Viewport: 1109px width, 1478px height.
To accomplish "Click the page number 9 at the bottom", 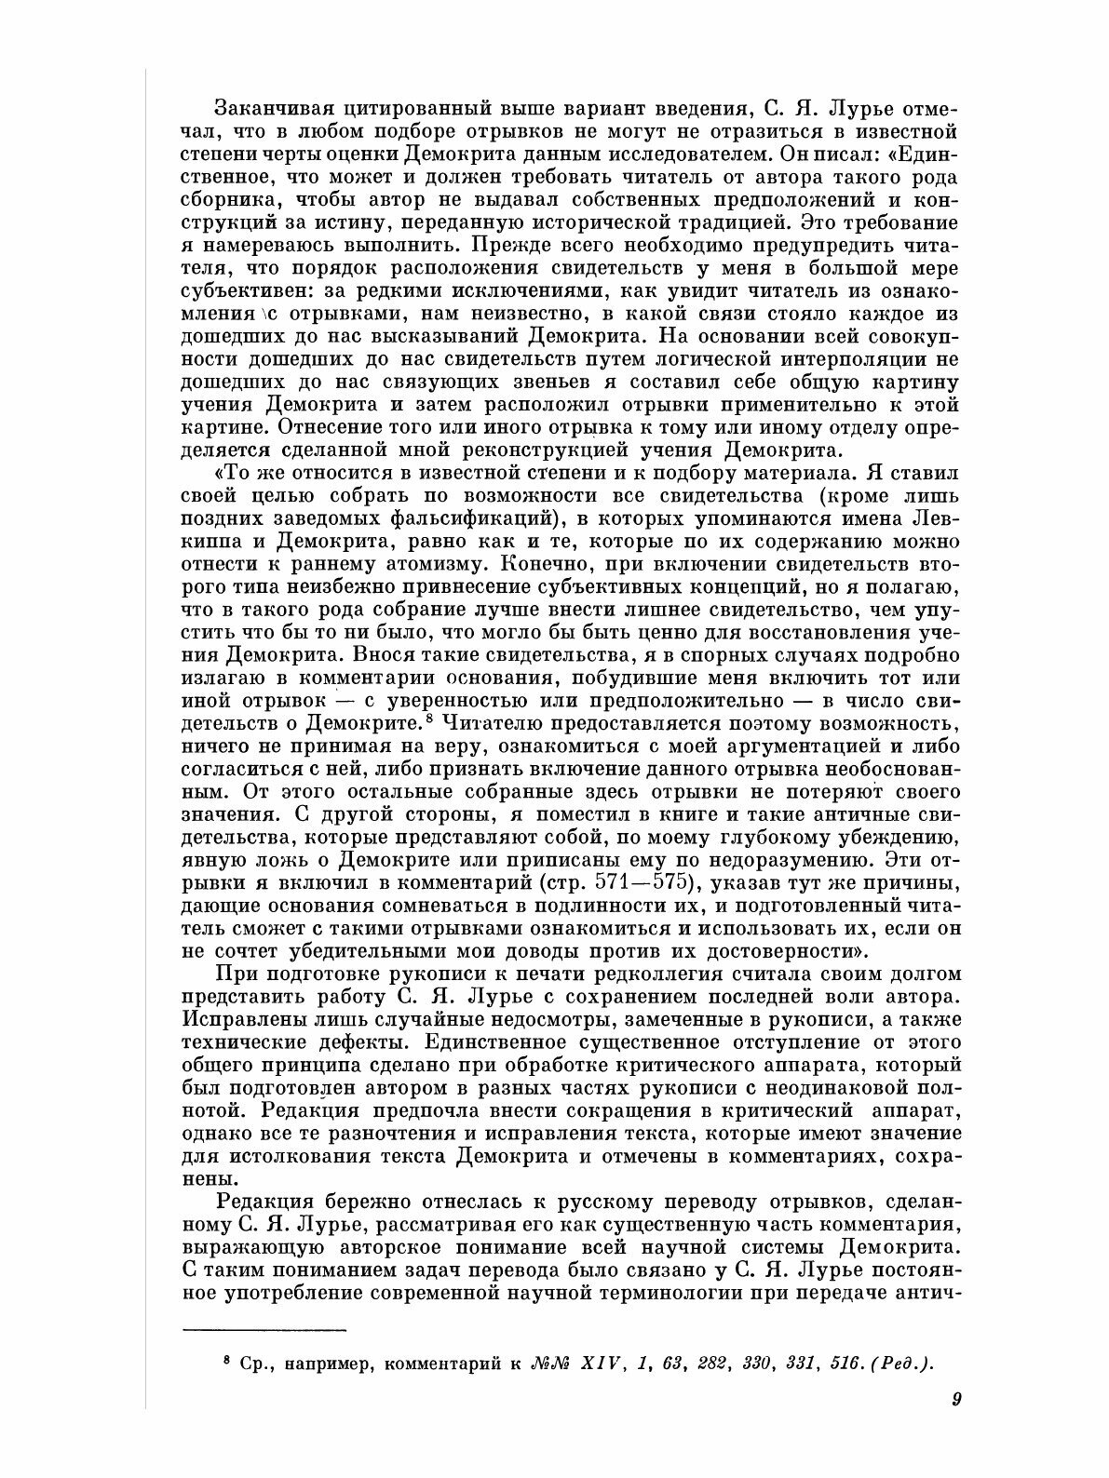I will click(955, 1398).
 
